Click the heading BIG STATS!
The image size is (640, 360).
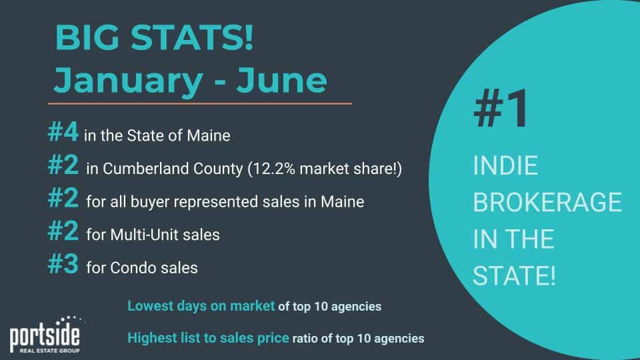tap(154, 37)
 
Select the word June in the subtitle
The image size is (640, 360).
tap(281, 79)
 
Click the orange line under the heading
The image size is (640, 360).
tap(199, 104)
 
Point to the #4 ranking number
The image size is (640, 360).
tap(63, 132)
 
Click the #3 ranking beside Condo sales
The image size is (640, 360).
tap(63, 264)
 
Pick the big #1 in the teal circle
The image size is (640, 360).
tap(501, 109)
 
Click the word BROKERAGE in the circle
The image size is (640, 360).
tap(547, 202)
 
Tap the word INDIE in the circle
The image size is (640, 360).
tap(505, 165)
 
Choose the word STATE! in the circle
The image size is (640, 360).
tap(514, 275)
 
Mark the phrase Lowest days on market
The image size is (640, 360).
tap(201, 306)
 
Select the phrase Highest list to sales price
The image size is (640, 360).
tap(208, 338)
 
